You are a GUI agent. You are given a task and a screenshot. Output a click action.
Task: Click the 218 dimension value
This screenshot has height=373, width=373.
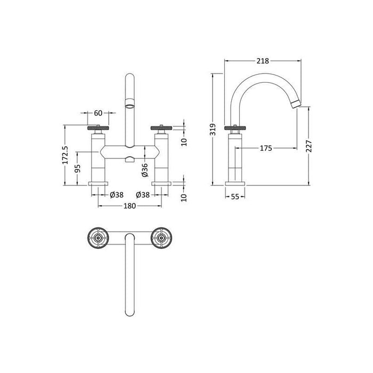click(x=262, y=61)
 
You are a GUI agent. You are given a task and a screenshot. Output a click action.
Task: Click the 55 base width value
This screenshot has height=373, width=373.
click(x=235, y=197)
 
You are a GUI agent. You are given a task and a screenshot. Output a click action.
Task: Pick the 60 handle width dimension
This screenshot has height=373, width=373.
click(x=99, y=113)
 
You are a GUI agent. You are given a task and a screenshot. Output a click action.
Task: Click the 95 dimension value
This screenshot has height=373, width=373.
click(x=78, y=169)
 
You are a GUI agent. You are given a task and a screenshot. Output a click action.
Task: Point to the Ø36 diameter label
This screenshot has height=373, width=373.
click(x=144, y=171)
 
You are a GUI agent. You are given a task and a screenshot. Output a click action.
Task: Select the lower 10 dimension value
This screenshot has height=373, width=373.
click(x=183, y=197)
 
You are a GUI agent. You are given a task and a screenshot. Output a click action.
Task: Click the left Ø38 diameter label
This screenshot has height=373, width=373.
click(x=117, y=195)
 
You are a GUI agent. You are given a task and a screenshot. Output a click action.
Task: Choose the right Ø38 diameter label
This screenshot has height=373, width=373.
click(x=143, y=195)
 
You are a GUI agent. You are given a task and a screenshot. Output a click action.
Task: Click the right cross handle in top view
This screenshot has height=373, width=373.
click(x=161, y=237)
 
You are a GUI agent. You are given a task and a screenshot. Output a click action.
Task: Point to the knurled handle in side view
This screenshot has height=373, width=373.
click(x=235, y=128)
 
